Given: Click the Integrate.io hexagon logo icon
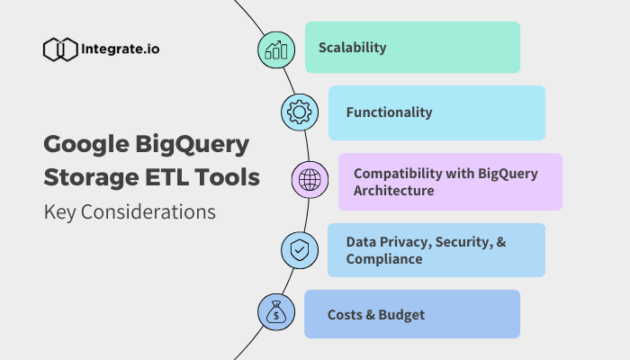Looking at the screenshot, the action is click(x=60, y=49).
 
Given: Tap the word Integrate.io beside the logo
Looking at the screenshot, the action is click(x=120, y=49).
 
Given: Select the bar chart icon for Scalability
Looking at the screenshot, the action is click(x=276, y=50).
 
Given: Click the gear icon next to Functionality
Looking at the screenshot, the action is click(x=300, y=112).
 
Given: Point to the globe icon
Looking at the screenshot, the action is click(x=310, y=180).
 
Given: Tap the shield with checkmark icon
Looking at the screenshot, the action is click(x=300, y=250).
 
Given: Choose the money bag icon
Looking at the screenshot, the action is click(x=276, y=311).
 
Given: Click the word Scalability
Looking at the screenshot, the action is click(x=353, y=48).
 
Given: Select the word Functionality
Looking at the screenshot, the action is click(x=390, y=112).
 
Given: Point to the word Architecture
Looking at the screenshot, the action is click(x=394, y=191).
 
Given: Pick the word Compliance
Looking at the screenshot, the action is click(x=384, y=259).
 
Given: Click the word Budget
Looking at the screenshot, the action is click(x=401, y=315).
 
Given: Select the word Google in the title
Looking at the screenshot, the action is click(x=86, y=145).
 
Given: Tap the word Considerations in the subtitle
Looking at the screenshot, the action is click(x=148, y=211).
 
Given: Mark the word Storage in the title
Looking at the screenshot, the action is click(x=92, y=178).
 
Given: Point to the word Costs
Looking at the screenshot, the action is click(x=345, y=315).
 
